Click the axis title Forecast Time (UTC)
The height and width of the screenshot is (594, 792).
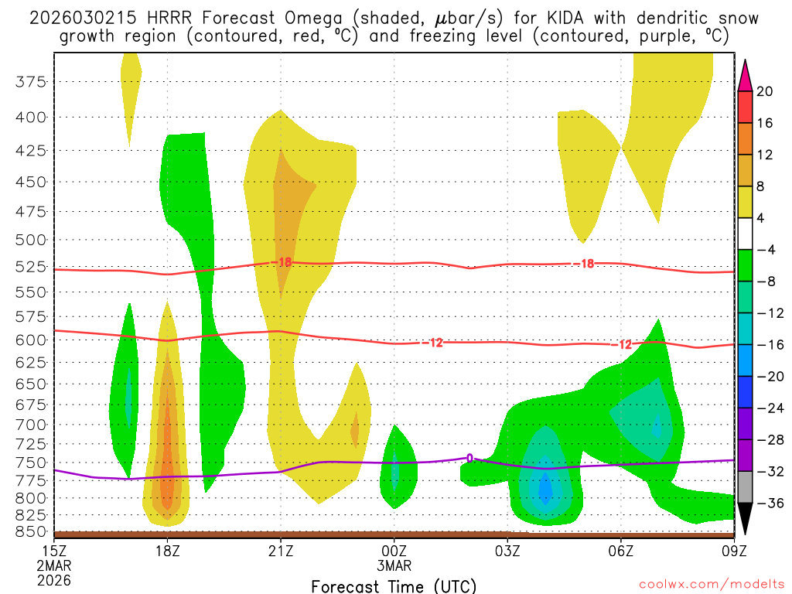coord(394,585)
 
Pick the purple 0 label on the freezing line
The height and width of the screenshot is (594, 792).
coord(469,459)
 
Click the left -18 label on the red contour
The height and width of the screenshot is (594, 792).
coord(282,262)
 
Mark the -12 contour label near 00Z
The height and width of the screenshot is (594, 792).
coord(434,343)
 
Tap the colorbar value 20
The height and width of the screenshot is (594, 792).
coord(765,91)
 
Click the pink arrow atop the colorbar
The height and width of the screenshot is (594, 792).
coord(746,74)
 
